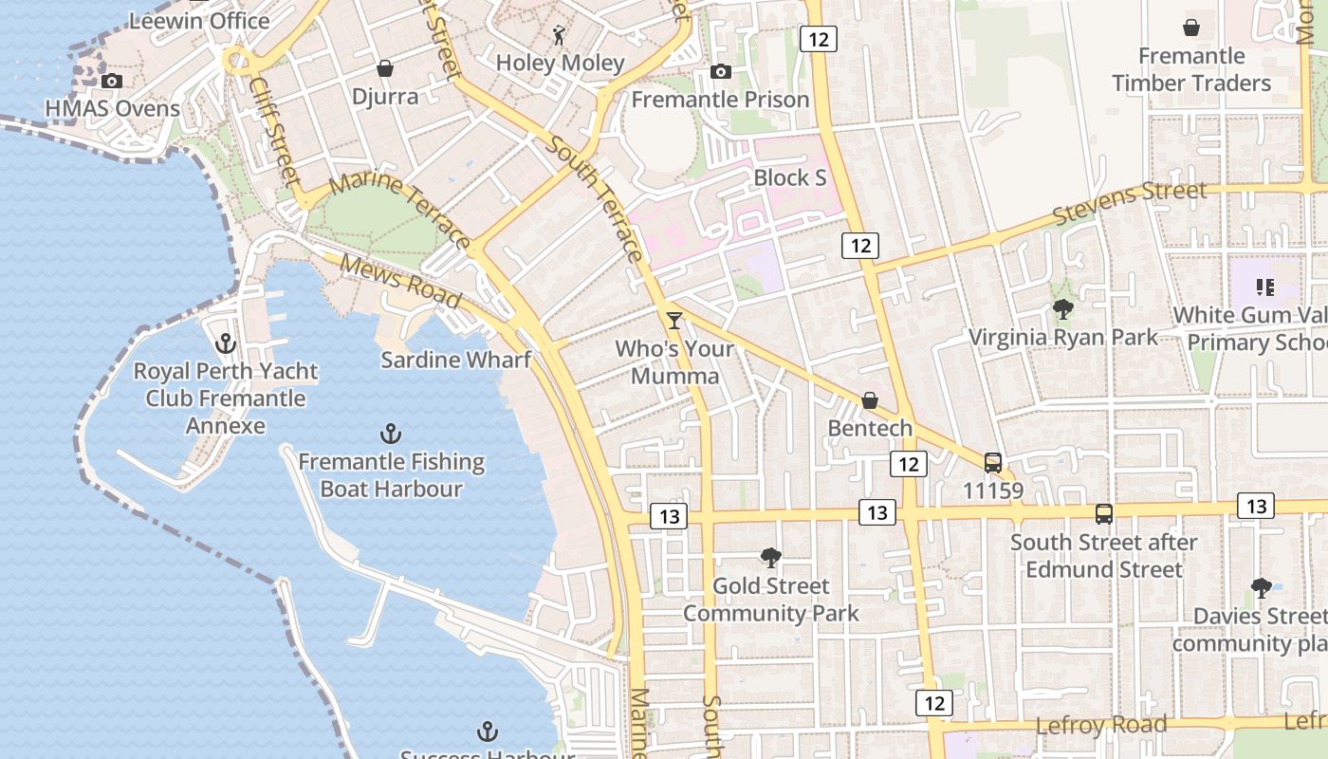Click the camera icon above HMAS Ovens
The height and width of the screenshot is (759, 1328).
tap(112, 82)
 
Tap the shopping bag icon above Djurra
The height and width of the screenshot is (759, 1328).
tap(385, 68)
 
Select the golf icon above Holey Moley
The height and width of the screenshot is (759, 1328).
tap(560, 36)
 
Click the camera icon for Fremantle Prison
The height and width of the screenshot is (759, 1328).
tap(721, 72)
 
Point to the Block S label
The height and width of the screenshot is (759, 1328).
tap(789, 177)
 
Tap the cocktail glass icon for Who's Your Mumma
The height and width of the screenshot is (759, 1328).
tap(674, 321)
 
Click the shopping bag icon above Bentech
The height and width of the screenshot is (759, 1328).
tap(870, 401)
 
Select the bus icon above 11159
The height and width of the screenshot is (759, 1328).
tap(993, 463)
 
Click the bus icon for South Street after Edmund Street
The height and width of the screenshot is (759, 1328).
tap(1104, 514)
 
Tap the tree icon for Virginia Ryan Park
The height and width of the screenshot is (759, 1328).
tap(1062, 309)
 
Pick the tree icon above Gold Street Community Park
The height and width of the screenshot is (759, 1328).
tap(771, 558)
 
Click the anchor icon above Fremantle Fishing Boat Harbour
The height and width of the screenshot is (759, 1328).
tap(391, 435)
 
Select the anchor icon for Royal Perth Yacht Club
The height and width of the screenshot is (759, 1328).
tap(226, 343)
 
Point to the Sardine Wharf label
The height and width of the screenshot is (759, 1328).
tap(455, 360)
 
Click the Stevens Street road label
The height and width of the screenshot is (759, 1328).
tap(1130, 204)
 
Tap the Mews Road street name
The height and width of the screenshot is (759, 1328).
tap(400, 282)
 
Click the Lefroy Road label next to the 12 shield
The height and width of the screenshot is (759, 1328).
tap(1100, 726)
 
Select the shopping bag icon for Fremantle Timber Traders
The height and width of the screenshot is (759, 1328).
tap(1191, 28)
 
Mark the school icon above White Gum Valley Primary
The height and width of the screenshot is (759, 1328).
tap(1264, 287)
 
